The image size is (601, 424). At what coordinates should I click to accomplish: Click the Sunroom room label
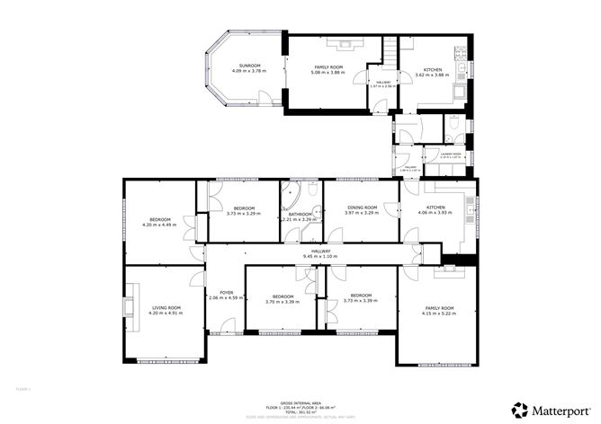(249, 66)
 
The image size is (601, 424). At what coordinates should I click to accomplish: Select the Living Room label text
(166, 307)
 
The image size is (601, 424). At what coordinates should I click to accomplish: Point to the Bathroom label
(300, 214)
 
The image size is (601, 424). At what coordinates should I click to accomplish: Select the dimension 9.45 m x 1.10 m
(321, 256)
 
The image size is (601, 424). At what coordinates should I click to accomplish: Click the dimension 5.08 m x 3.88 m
(331, 73)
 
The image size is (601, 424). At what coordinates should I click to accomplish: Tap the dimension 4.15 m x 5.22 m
(440, 314)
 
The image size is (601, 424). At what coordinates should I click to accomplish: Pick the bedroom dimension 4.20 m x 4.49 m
(159, 225)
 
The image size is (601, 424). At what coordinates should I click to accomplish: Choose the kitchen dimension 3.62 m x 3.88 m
(433, 73)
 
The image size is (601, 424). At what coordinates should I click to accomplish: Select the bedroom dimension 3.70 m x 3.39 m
(283, 301)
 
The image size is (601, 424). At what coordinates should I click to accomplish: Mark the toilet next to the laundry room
(453, 125)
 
